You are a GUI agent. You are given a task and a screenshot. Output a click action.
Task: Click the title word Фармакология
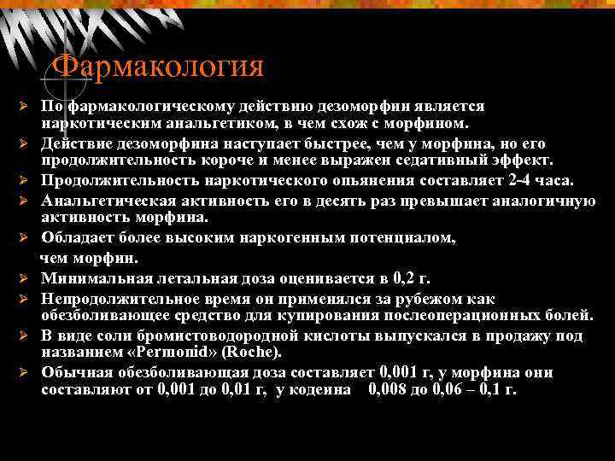pos(158,67)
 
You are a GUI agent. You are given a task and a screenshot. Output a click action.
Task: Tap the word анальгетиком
pos(173,125)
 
